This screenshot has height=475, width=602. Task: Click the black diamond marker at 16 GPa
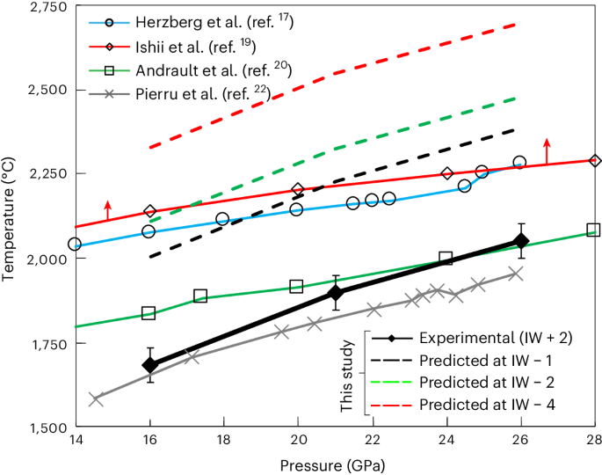click(x=149, y=364)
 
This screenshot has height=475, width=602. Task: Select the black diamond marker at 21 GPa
click(x=335, y=293)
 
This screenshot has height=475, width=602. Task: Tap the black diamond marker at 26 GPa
click(x=520, y=241)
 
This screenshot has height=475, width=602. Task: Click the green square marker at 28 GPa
click(x=593, y=230)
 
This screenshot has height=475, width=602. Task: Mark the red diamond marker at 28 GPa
click(x=595, y=161)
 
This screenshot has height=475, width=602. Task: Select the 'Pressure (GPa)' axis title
click(x=334, y=463)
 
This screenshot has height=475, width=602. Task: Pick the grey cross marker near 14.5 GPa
click(x=96, y=398)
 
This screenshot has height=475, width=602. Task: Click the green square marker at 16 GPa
click(x=149, y=313)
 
